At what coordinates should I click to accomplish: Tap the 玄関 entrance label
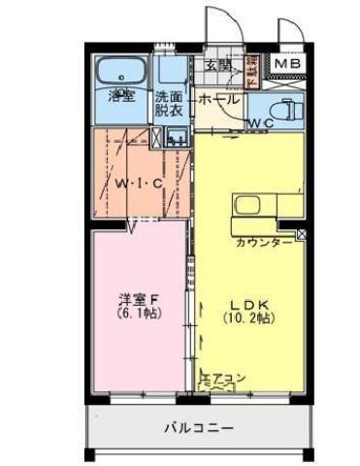tap(217, 66)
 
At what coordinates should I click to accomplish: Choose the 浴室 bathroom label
tap(121, 97)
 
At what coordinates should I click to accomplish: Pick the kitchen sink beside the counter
tap(245, 206)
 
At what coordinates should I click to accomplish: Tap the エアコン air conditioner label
tap(221, 377)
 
